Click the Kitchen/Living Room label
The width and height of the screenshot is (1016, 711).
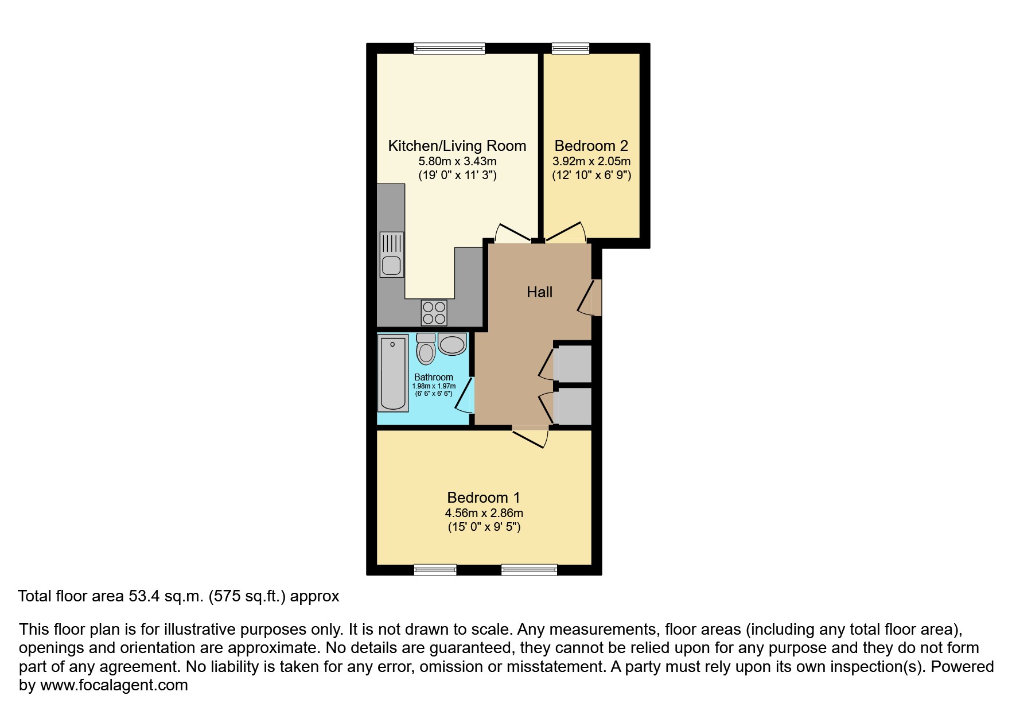click(457, 146)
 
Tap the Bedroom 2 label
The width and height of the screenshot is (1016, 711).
click(591, 146)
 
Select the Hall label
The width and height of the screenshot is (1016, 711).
click(539, 292)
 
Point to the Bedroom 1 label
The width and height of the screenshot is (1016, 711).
click(484, 498)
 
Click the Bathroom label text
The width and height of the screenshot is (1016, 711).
click(434, 377)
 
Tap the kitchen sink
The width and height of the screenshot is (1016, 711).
click(392, 254)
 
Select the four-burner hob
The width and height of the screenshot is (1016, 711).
click(434, 313)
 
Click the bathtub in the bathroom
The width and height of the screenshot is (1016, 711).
click(393, 373)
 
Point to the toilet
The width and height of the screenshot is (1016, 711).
click(426, 348)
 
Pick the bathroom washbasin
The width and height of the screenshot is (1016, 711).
click(452, 344)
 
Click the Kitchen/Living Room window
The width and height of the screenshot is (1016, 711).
click(449, 49)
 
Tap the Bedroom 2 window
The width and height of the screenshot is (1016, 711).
click(570, 49)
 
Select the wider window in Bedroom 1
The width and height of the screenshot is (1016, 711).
click(529, 570)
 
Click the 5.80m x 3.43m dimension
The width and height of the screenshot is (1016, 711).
click(457, 161)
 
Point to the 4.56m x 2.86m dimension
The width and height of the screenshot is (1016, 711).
click(484, 513)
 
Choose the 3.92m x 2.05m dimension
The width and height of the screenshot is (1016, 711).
click(591, 161)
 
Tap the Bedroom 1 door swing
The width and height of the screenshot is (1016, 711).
click(531, 437)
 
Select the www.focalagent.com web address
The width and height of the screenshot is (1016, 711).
click(114, 685)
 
